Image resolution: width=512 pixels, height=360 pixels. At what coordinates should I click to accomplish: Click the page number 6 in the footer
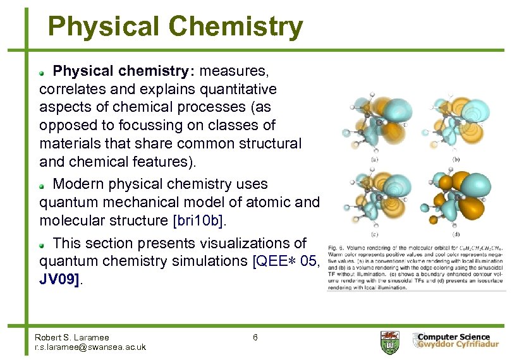pyautogui.click(x=255, y=337)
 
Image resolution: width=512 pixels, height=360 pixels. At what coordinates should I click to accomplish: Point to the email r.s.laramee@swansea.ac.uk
pyautogui.click(x=90, y=347)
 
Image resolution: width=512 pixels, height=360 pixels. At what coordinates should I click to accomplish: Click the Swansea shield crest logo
pyautogui.click(x=389, y=342)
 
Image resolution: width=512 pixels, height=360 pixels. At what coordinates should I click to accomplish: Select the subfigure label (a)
pyautogui.click(x=375, y=159)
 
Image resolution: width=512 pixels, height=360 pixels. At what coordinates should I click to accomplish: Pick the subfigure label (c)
pyautogui.click(x=375, y=234)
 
